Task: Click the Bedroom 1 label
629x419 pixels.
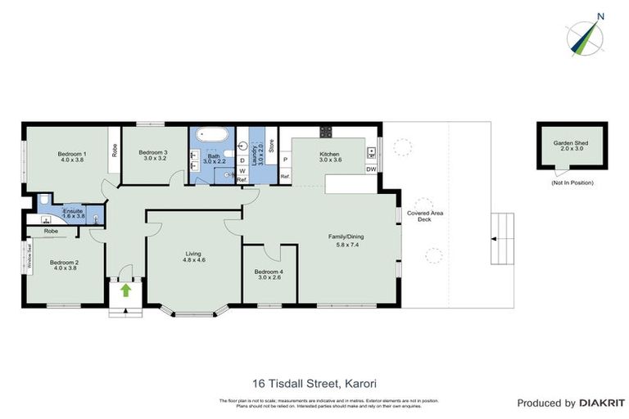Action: coord(71,153)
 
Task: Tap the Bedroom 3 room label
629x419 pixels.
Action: coord(153,153)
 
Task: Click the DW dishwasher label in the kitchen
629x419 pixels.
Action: coord(371,169)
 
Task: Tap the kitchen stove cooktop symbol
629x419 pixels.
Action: coord(325,131)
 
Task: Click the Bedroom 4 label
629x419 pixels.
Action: coord(269,272)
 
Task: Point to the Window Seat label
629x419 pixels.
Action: coord(28,256)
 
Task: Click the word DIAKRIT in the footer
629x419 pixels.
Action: coord(602,403)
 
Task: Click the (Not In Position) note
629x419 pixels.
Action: coord(572,182)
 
